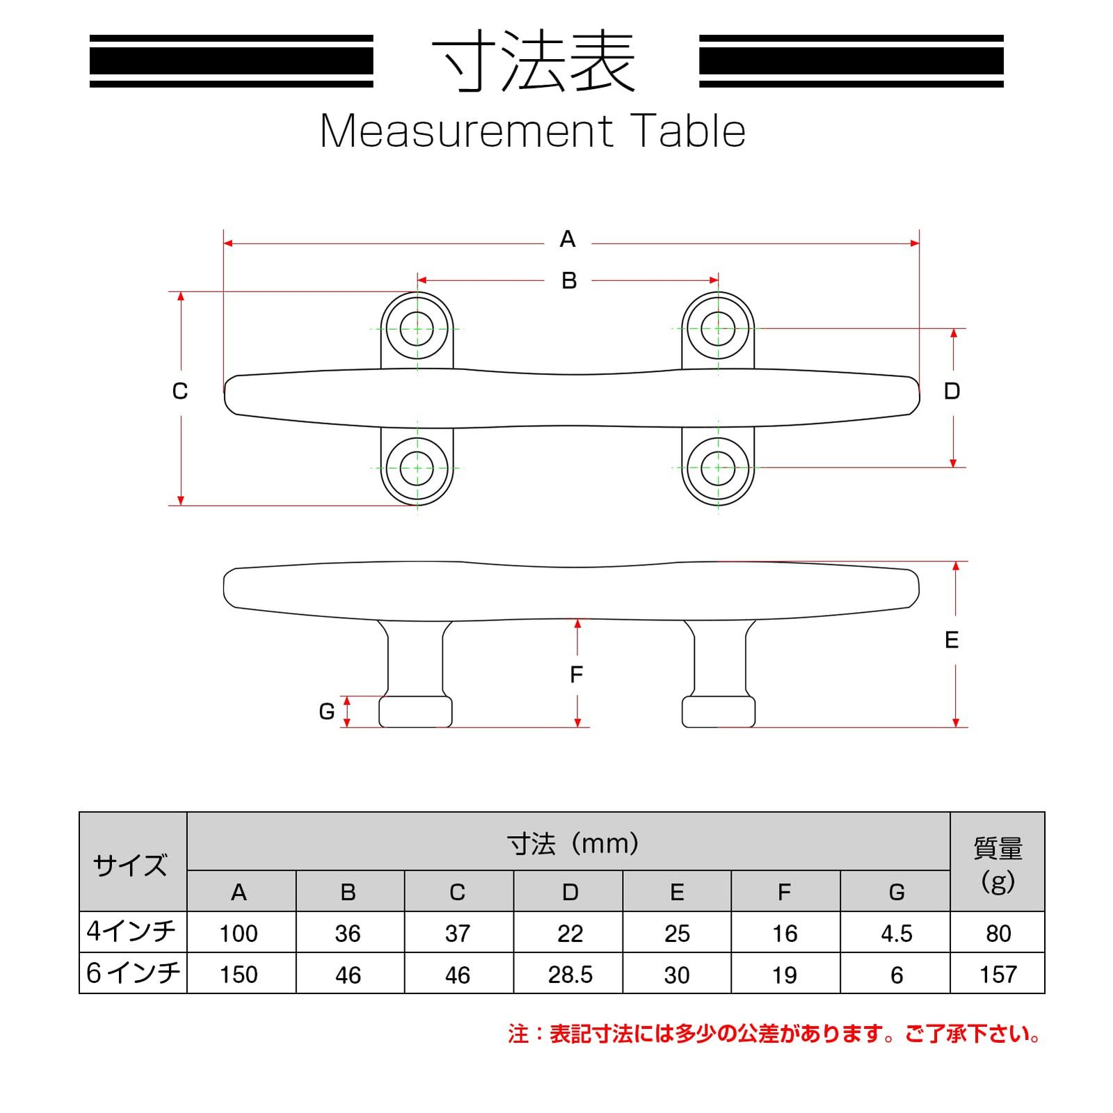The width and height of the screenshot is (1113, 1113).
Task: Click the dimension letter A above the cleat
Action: (x=568, y=239)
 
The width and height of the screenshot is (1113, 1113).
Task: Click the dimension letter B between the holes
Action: (x=569, y=280)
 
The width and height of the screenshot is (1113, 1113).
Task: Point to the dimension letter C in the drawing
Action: (x=180, y=392)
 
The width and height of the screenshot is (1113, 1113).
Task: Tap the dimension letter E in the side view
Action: (x=952, y=640)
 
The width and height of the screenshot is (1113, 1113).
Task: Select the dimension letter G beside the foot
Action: (x=327, y=712)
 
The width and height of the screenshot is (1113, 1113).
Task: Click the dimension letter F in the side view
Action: (x=576, y=675)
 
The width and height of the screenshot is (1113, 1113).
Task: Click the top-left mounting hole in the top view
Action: (x=417, y=328)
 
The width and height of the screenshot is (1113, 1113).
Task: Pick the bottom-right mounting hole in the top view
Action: (x=718, y=468)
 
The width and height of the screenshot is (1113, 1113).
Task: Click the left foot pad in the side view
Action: (x=415, y=711)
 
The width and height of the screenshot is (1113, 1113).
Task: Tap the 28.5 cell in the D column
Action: (x=570, y=975)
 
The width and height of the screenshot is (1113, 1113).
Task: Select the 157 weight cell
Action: (x=998, y=975)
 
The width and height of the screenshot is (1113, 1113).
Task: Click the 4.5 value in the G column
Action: (x=897, y=934)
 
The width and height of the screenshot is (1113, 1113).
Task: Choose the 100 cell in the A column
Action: (x=239, y=934)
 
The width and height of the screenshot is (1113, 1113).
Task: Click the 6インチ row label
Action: (x=133, y=972)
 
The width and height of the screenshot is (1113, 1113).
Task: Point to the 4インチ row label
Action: (x=131, y=931)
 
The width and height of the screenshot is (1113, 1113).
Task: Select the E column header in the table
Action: (x=677, y=892)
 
